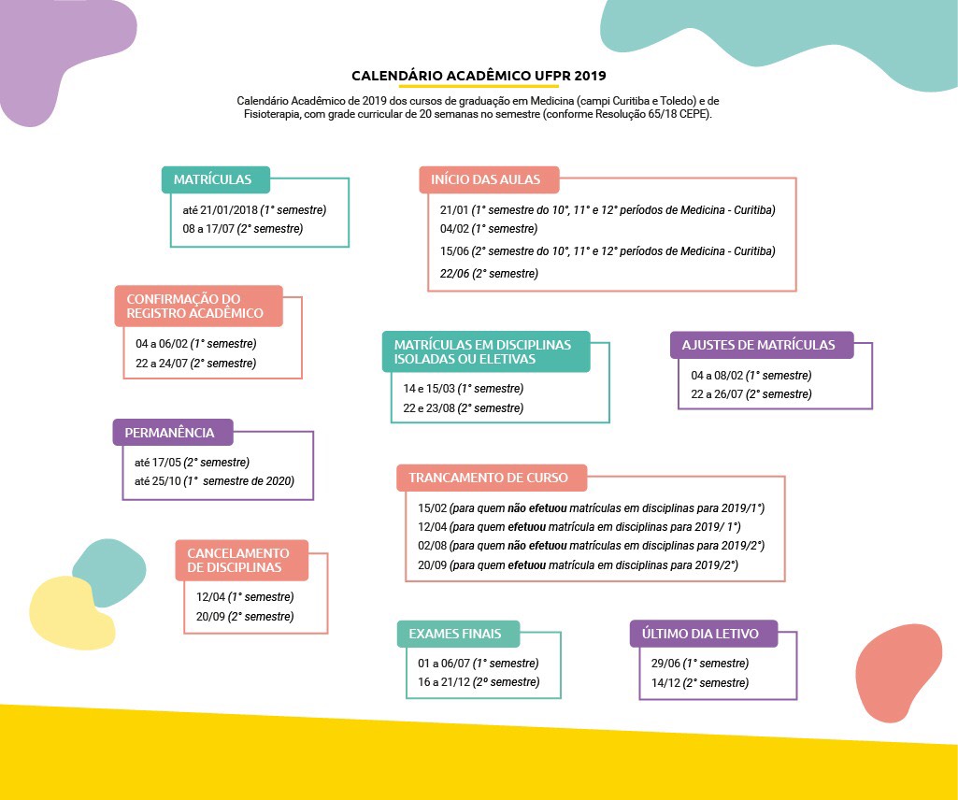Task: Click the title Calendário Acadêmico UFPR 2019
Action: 479,76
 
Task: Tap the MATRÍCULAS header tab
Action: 216,179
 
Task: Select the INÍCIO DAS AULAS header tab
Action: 489,179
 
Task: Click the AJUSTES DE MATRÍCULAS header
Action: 762,345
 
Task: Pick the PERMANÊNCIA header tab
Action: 173,432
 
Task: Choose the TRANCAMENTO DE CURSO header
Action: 492,478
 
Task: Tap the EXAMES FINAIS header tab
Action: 458,634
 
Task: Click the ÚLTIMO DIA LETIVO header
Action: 704,634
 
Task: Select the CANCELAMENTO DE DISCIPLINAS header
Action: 241,560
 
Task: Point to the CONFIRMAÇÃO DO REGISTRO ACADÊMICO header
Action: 198,306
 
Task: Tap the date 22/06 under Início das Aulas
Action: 454,274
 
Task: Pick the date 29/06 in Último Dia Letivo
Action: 665,664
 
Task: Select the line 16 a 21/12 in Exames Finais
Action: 479,682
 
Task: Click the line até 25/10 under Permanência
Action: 214,481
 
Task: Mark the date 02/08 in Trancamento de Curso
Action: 433,546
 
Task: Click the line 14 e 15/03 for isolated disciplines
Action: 464,389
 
